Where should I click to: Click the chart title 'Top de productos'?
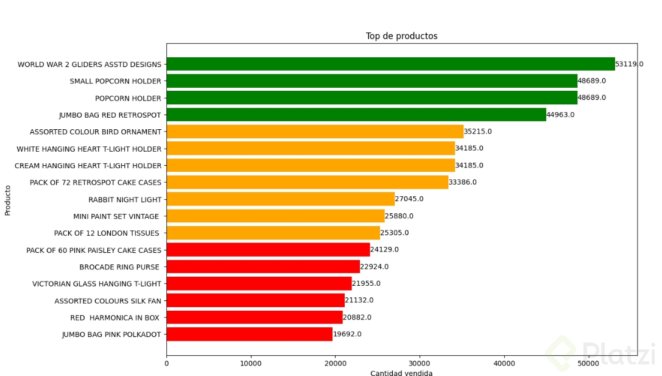tap(401, 37)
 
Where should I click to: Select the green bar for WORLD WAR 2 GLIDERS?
tap(390, 64)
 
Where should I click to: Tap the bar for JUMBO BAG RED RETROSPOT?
tap(356, 115)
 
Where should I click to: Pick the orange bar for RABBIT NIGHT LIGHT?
tap(280, 199)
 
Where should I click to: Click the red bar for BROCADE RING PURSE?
tap(262, 266)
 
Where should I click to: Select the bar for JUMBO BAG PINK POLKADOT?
tap(249, 334)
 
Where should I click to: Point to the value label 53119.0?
tap(629, 64)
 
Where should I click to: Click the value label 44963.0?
tap(560, 115)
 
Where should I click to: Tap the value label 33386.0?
tap(462, 182)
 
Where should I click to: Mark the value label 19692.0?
tap(347, 334)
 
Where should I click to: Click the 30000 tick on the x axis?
tap(420, 364)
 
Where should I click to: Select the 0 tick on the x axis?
tap(166, 364)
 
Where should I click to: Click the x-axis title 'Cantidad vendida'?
tap(401, 374)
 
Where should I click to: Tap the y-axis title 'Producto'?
tap(8, 199)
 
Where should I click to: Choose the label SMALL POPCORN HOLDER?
tap(115, 81)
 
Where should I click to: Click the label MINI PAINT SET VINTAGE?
tap(116, 216)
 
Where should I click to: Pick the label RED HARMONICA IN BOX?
tap(115, 317)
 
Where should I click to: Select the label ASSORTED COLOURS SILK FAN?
tap(108, 300)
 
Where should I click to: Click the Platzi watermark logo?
tap(600, 353)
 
